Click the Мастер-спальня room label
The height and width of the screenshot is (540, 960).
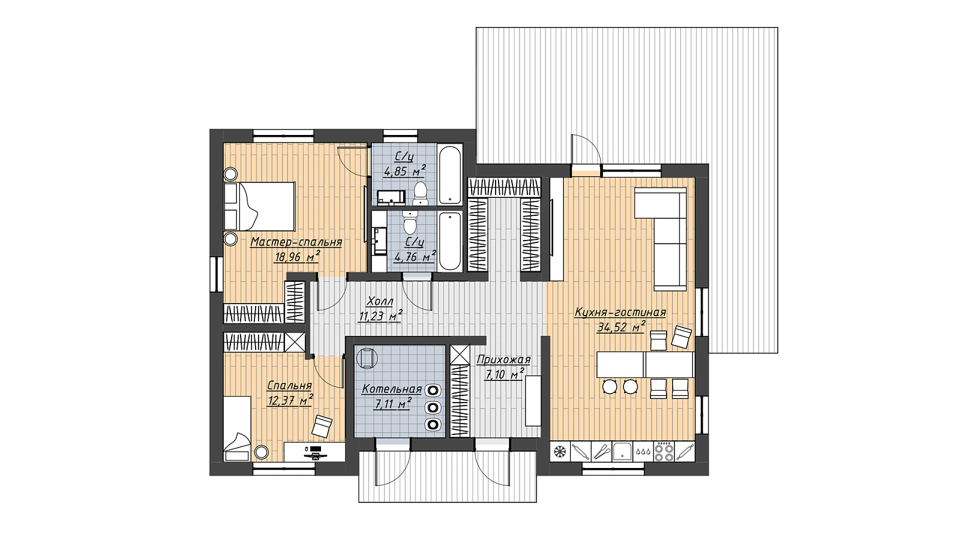click(296, 242)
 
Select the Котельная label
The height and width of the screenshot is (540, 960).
click(392, 389)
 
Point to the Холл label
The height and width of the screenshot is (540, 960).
click(380, 301)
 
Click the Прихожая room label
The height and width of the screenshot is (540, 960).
click(503, 359)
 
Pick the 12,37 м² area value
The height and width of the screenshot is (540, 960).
click(290, 401)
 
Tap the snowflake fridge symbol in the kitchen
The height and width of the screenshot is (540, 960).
click(560, 451)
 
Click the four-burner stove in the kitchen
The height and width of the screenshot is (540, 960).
click(664, 451)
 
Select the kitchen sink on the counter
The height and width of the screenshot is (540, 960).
click(622, 452)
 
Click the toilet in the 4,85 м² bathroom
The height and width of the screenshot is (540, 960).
click(421, 194)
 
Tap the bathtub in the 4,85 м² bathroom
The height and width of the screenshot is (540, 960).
click(449, 175)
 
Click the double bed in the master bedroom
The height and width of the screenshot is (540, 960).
click(260, 206)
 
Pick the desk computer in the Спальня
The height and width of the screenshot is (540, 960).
click(315, 452)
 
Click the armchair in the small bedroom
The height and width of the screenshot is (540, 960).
click(322, 426)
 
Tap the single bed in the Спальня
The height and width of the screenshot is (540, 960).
click(238, 428)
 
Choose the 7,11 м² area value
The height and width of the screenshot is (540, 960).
click(392, 404)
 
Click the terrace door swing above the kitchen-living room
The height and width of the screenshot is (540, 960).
click(586, 149)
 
